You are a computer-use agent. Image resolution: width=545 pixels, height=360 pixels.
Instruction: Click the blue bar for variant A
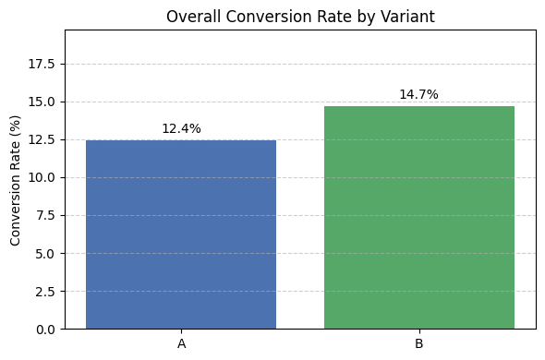point(181,234)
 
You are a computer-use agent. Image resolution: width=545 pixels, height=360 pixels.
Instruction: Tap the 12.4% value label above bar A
point(181,129)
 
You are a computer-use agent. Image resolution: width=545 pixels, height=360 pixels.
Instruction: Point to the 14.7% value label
point(418,95)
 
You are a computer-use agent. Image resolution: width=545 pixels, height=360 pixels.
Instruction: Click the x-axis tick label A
point(181,343)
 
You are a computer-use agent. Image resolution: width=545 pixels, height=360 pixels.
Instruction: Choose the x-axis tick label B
point(418,343)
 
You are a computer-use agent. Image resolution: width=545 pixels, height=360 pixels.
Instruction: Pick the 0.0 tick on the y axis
point(45,330)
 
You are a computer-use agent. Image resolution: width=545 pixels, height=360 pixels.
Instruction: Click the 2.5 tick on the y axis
point(45,292)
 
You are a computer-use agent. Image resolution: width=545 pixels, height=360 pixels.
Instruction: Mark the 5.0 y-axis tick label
point(45,254)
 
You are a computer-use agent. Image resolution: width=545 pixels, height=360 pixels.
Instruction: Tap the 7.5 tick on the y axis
point(45,216)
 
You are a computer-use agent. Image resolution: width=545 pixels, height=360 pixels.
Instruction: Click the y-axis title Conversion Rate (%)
point(15,180)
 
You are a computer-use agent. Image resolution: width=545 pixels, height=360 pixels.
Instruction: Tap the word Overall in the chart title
point(190,16)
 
